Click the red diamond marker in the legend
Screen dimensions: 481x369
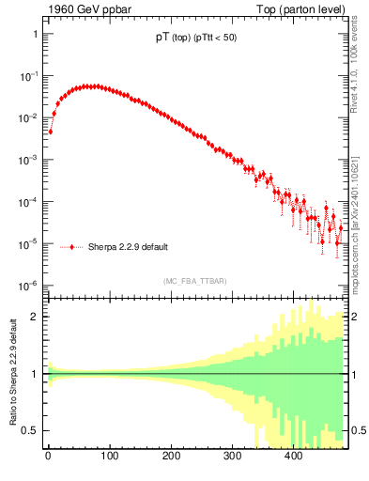[x=72, y=248]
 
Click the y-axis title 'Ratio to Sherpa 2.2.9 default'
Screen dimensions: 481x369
[x=11, y=373]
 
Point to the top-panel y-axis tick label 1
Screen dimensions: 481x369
[x=35, y=34]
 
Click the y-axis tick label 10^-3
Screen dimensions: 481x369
[x=28, y=160]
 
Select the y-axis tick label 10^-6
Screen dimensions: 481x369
[x=28, y=286]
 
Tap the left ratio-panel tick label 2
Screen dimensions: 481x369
[x=35, y=317]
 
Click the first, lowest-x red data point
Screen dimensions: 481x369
[x=50, y=132]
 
